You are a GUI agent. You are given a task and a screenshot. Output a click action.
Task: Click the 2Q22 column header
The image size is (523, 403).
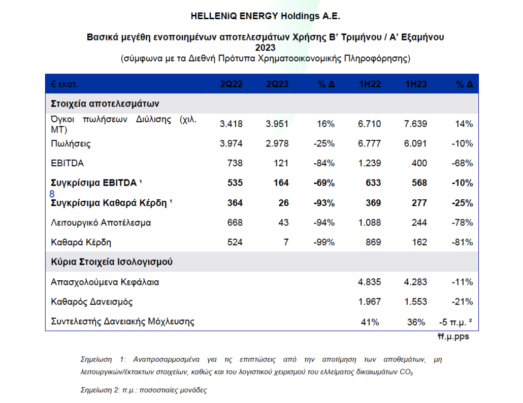tap(231, 84)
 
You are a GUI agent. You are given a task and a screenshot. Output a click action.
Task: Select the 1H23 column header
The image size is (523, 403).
tap(416, 84)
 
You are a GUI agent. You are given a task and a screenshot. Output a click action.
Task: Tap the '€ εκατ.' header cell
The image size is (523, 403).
tap(64, 84)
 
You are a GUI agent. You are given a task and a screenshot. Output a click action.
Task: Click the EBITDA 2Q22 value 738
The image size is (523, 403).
tap(235, 163)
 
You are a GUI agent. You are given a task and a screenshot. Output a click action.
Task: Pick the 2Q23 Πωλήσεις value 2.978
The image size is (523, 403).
tap(277, 143)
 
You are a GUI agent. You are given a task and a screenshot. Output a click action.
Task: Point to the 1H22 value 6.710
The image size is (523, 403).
tap(369, 124)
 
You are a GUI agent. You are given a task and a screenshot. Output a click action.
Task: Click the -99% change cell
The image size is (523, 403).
tap(324, 242)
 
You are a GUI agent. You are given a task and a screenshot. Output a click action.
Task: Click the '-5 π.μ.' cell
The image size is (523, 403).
tap(455, 322)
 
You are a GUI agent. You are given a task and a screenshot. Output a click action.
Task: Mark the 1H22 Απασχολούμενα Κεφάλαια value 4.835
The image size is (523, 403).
tap(369, 282)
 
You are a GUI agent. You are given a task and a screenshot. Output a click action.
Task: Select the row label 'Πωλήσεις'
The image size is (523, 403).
tap(71, 143)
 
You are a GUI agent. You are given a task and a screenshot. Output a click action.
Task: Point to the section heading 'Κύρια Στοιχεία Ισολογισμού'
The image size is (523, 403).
tap(112, 262)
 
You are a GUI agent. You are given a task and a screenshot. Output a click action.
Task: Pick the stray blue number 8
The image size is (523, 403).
tap(52, 194)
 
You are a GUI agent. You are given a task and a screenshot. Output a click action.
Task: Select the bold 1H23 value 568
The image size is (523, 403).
tap(419, 183)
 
